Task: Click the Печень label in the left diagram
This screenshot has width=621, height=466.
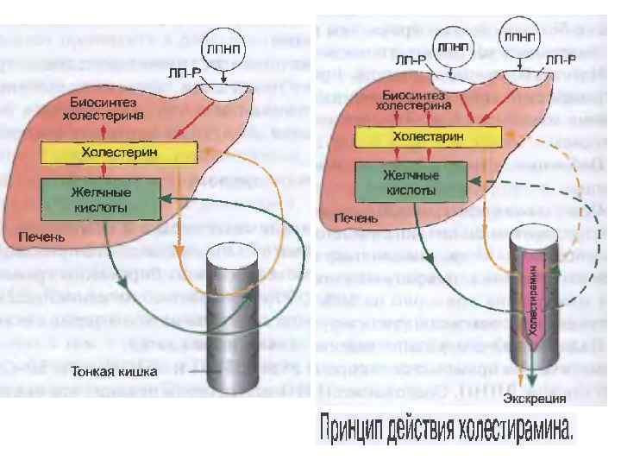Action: pyautogui.click(x=38, y=236)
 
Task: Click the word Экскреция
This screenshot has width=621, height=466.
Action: pyautogui.click(x=536, y=399)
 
